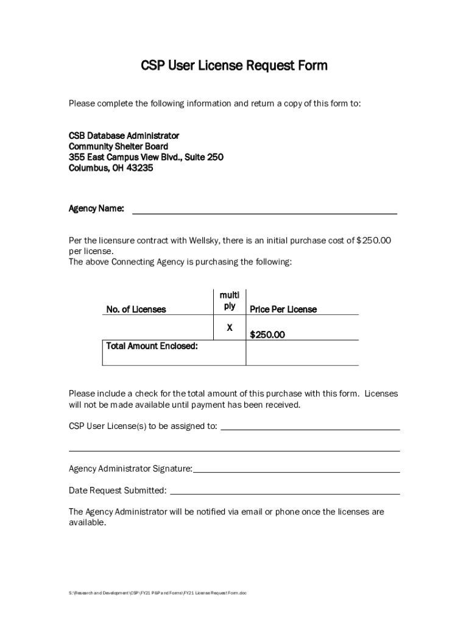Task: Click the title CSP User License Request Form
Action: pyautogui.click(x=234, y=65)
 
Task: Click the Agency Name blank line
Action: pyautogui.click(x=264, y=211)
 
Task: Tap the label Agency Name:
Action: pyautogui.click(x=96, y=209)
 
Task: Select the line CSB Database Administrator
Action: pyautogui.click(x=124, y=135)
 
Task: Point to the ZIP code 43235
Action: pyautogui.click(x=140, y=168)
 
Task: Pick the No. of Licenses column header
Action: pyautogui.click(x=136, y=310)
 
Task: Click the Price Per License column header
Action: pyautogui.click(x=283, y=310)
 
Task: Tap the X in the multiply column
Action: pyautogui.click(x=230, y=328)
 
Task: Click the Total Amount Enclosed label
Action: pyautogui.click(x=152, y=346)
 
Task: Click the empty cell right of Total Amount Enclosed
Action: pyautogui.click(x=301, y=352)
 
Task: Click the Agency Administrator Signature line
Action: pyautogui.click(x=296, y=470)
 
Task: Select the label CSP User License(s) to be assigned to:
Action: pyautogui.click(x=143, y=426)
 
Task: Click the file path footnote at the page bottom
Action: pyautogui.click(x=158, y=593)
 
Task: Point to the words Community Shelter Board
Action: pyautogui.click(x=118, y=146)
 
